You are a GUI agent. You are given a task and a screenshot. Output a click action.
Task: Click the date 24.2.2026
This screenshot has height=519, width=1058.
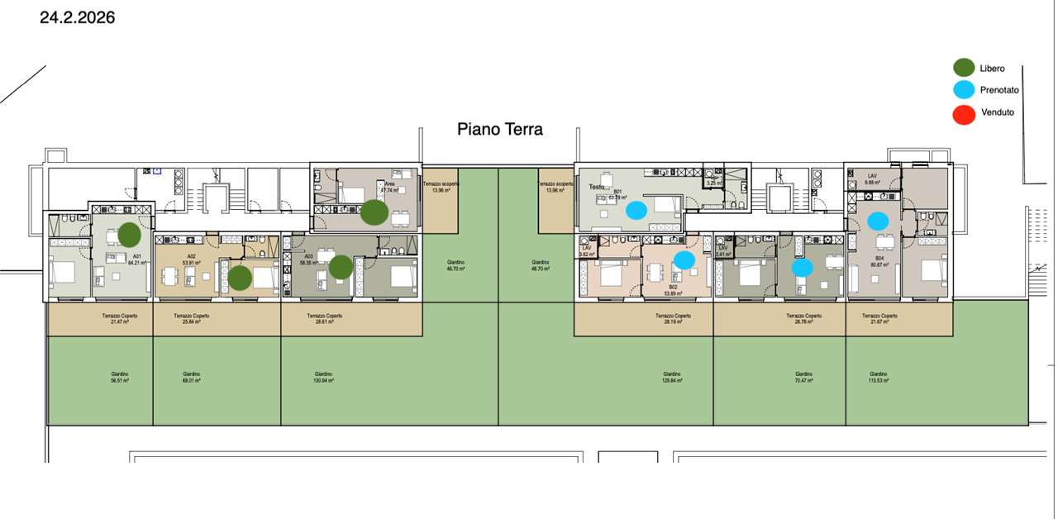coord(77,17)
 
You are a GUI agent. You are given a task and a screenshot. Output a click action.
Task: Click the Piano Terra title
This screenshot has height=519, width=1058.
coord(500,130)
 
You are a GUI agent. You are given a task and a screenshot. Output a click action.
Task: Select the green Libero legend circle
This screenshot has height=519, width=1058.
coord(964,69)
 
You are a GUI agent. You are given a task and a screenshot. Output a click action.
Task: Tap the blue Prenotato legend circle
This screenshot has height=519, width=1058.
coord(964,90)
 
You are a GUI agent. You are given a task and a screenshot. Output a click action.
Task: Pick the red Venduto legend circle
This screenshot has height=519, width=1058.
coord(964,112)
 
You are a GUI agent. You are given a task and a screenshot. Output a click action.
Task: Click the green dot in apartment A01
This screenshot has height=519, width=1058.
coord(129,235)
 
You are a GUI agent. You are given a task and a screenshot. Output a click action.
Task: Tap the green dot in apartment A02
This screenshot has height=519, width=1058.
coord(240,279)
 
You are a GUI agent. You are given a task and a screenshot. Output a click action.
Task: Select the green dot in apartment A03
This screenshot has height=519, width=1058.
coord(341,267)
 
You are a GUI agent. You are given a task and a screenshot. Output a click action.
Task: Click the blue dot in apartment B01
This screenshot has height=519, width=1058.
coord(636,210)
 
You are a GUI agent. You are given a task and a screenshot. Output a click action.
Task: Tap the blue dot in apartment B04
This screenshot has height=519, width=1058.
coord(878,221)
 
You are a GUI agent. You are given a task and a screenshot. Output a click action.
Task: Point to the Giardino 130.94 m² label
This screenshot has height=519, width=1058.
coord(322,378)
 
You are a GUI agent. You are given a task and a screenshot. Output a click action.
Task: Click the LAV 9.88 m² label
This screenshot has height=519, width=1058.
coord(873,179)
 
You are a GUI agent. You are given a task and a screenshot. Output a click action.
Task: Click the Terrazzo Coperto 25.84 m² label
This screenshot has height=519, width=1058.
coord(192,319)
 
